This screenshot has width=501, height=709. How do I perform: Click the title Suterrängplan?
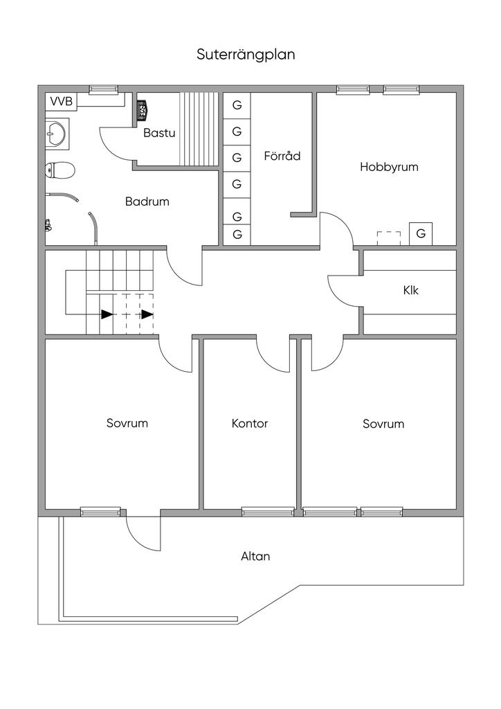(x=246, y=55)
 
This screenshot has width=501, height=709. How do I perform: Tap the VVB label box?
(x=61, y=102)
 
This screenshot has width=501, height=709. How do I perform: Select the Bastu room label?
(x=159, y=133)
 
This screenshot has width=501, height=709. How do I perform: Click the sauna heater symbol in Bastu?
(x=143, y=109)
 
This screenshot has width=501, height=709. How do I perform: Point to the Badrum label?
(x=147, y=201)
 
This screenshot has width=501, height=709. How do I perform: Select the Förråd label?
(x=282, y=156)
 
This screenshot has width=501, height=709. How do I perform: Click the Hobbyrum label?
(x=389, y=167)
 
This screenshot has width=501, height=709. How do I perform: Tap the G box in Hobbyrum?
(x=421, y=234)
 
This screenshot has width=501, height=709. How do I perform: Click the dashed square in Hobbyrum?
(x=389, y=237)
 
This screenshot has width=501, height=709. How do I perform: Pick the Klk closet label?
(x=410, y=290)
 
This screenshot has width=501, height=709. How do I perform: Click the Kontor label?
(x=250, y=423)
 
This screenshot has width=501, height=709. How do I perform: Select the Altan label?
(x=255, y=555)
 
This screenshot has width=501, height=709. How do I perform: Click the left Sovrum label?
(x=127, y=423)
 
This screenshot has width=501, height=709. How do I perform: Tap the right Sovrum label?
(x=383, y=423)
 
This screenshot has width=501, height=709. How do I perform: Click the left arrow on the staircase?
(x=106, y=314)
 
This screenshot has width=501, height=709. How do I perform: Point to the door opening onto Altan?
(x=143, y=531)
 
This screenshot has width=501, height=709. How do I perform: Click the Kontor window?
(x=268, y=512)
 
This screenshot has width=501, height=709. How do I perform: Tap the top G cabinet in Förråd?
(x=237, y=105)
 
